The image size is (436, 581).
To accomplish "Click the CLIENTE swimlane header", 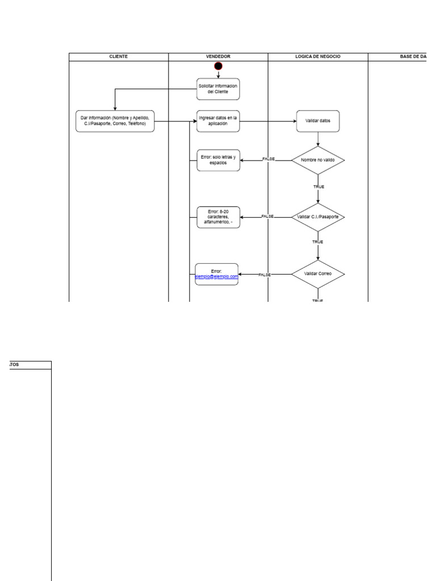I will [x=119, y=57].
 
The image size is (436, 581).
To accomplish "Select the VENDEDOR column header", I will [x=218, y=57].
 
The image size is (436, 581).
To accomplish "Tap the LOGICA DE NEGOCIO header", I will [x=318, y=57].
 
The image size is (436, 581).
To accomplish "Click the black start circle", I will [x=218, y=67].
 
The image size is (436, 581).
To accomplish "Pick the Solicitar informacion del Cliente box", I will [x=218, y=89].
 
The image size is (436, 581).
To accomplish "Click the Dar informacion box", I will [x=115, y=121].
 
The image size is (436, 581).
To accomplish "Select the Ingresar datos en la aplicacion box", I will [x=218, y=121].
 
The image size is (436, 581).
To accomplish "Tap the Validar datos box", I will [x=318, y=121].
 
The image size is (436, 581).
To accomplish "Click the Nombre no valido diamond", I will [x=318, y=160].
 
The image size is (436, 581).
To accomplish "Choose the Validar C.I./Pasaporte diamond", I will [x=318, y=217].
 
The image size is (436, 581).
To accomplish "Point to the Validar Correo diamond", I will [x=318, y=273].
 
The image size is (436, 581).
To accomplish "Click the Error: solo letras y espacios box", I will [x=218, y=160].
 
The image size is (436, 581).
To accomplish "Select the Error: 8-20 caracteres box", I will [x=218, y=217].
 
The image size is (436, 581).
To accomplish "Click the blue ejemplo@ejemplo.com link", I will [x=216, y=277].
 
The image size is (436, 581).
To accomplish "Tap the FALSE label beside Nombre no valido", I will [x=269, y=159].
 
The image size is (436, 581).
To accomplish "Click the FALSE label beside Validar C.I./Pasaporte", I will [x=267, y=216].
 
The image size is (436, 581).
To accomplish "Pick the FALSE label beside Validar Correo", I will [x=265, y=275].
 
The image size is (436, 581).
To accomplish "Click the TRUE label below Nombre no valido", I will [x=318, y=187].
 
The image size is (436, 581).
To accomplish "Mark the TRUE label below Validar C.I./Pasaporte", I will [x=318, y=242].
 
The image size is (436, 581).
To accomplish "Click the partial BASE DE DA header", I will [x=413, y=57].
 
